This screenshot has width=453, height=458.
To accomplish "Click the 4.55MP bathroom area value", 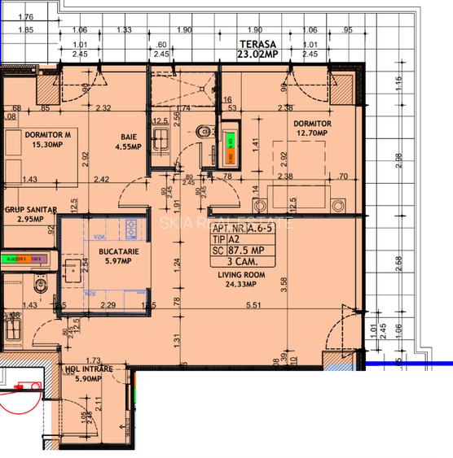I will [126, 148].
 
